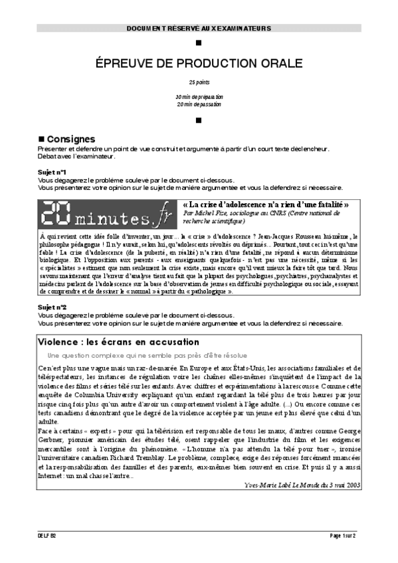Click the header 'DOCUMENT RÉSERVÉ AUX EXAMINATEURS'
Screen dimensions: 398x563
pos(199,29)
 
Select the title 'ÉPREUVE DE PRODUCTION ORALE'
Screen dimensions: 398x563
pos(199,63)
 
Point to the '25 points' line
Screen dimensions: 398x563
pos(199,83)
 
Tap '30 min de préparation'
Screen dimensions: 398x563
pos(199,97)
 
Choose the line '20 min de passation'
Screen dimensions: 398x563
pos(199,104)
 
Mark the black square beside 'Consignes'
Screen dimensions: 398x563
pos(41,139)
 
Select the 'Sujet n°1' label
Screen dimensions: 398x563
pos(51,172)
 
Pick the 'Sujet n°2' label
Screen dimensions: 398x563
pos(51,307)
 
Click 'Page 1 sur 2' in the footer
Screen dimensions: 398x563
pos(343,535)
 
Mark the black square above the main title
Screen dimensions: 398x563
pos(199,43)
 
